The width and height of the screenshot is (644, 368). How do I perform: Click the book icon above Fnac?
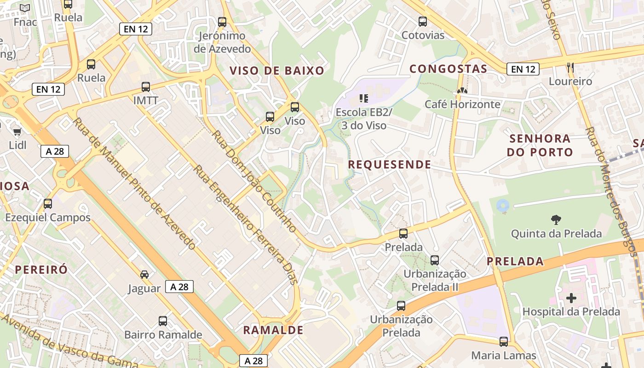(x=25, y=8)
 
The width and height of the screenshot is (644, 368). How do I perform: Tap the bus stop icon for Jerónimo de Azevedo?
(x=222, y=22)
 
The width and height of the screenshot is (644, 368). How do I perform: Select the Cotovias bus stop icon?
(x=423, y=21)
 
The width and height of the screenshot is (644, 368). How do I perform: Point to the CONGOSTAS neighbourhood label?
(x=448, y=69)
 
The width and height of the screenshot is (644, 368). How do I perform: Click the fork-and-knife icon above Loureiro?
(x=570, y=68)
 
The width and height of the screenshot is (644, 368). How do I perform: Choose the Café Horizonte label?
(x=462, y=104)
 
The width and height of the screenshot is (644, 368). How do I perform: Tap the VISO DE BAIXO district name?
(x=277, y=70)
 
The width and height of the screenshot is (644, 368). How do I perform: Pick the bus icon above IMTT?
(x=146, y=86)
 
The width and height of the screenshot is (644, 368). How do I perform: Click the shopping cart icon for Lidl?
(x=17, y=132)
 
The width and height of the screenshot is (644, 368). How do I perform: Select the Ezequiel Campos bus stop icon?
(x=48, y=203)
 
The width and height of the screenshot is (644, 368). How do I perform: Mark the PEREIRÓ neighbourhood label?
(x=41, y=270)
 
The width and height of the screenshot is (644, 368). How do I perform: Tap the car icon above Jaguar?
(x=144, y=275)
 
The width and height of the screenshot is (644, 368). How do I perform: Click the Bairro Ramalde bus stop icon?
(x=163, y=321)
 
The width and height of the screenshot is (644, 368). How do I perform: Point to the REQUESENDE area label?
(x=389, y=165)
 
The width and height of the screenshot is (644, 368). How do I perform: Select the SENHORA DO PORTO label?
(x=540, y=145)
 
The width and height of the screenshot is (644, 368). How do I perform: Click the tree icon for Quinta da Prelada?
(x=556, y=220)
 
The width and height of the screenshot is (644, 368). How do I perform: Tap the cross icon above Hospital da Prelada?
(x=571, y=298)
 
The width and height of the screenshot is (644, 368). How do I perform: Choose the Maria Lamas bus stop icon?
(x=504, y=341)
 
